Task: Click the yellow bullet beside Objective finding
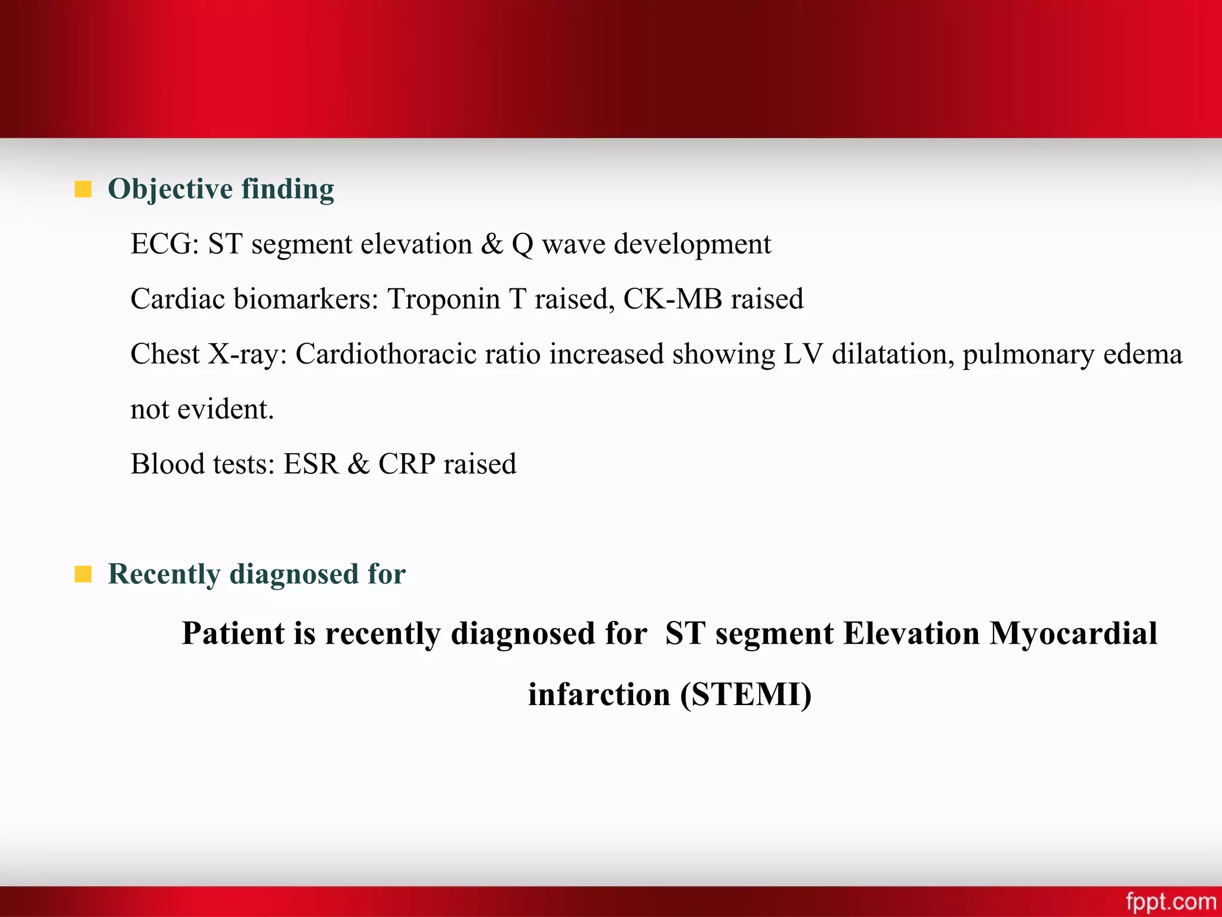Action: pyautogui.click(x=83, y=189)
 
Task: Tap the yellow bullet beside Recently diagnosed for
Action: pyautogui.click(x=83, y=574)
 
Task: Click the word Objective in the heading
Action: pyautogui.click(x=170, y=189)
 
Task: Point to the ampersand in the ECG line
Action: pyautogui.click(x=492, y=244)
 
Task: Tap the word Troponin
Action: pyautogui.click(x=443, y=299)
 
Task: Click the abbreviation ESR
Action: pyautogui.click(x=310, y=464)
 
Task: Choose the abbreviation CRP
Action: pyautogui.click(x=406, y=464)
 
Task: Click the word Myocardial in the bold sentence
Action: pyautogui.click(x=1073, y=633)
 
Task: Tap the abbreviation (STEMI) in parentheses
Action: pyautogui.click(x=746, y=695)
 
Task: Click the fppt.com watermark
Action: pyautogui.click(x=1171, y=901)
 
